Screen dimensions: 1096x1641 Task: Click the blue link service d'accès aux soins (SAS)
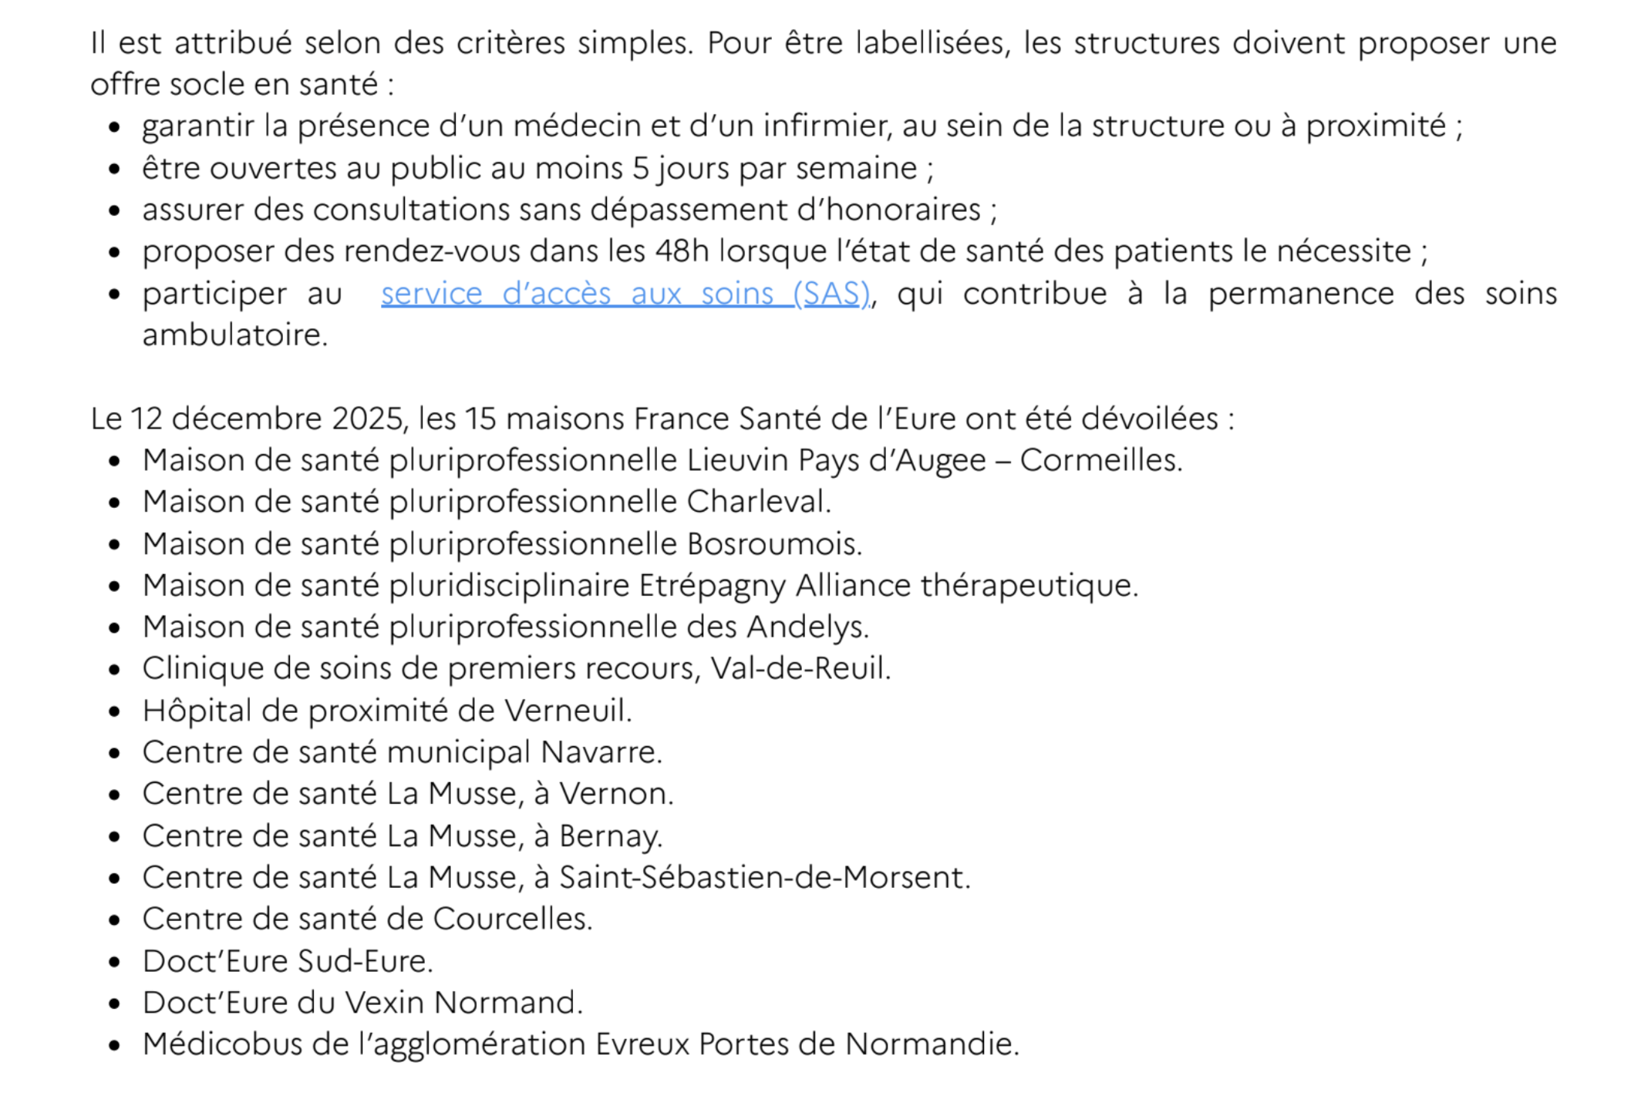click(625, 294)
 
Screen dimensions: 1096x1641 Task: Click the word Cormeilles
click(1100, 460)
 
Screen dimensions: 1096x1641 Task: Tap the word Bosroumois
click(774, 544)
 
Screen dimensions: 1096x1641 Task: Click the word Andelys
click(807, 627)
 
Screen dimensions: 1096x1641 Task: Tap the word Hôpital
click(197, 711)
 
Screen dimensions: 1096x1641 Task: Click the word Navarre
click(601, 752)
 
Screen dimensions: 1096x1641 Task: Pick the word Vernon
click(616, 794)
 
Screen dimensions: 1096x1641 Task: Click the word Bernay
click(611, 836)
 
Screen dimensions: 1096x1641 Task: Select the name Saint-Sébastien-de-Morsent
click(764, 878)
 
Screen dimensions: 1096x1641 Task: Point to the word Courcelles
click(513, 919)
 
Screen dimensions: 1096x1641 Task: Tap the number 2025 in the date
click(369, 419)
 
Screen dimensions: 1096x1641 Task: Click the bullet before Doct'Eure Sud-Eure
click(115, 962)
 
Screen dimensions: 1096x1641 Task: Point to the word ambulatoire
click(234, 335)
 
